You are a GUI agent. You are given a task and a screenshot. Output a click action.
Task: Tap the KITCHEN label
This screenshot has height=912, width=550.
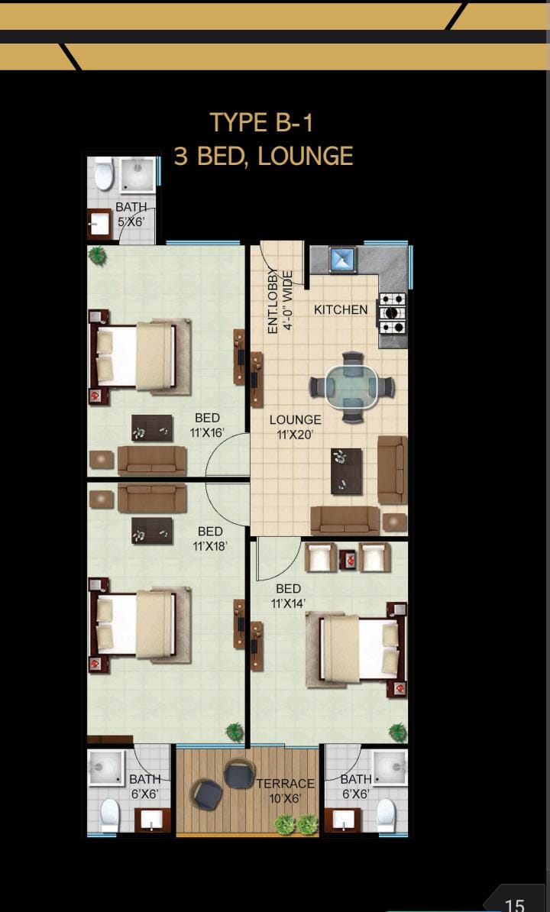341,310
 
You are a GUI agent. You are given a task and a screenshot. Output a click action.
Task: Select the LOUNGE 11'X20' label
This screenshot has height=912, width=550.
295,428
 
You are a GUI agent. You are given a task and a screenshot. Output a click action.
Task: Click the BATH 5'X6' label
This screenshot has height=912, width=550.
131,213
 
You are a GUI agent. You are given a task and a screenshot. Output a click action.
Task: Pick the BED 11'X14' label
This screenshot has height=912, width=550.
289,596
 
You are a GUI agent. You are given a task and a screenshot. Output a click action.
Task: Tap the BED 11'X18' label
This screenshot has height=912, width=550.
210,538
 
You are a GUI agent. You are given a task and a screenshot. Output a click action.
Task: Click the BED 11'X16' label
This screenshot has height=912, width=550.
208,425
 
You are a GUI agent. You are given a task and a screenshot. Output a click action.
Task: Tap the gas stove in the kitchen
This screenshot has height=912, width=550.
392,313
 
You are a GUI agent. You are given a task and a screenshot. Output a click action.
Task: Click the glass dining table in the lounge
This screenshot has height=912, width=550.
351,386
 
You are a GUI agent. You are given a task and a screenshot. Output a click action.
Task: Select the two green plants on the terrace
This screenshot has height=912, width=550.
296,824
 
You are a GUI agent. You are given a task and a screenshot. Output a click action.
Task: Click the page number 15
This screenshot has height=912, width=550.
515,904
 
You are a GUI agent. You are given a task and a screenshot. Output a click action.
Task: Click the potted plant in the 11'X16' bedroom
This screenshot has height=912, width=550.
98,256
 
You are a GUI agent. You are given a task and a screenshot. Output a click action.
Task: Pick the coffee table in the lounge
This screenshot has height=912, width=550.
346,471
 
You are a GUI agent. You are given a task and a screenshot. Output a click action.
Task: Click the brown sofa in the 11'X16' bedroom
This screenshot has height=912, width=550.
152,461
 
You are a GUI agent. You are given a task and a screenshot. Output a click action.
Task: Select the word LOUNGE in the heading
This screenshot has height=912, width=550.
306,157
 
